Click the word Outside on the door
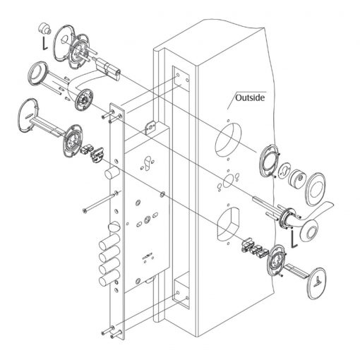[250, 97]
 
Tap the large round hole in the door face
[228, 140]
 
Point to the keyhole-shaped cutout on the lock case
[148, 162]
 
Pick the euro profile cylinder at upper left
[109, 69]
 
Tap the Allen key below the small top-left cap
[44, 42]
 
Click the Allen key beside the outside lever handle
[294, 239]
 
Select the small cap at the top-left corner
[44, 28]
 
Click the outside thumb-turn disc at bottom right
[317, 283]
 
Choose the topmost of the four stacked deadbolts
[109, 241]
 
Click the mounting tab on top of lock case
[150, 128]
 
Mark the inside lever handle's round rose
[84, 100]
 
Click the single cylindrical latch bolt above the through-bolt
[112, 172]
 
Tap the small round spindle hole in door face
[227, 181]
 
